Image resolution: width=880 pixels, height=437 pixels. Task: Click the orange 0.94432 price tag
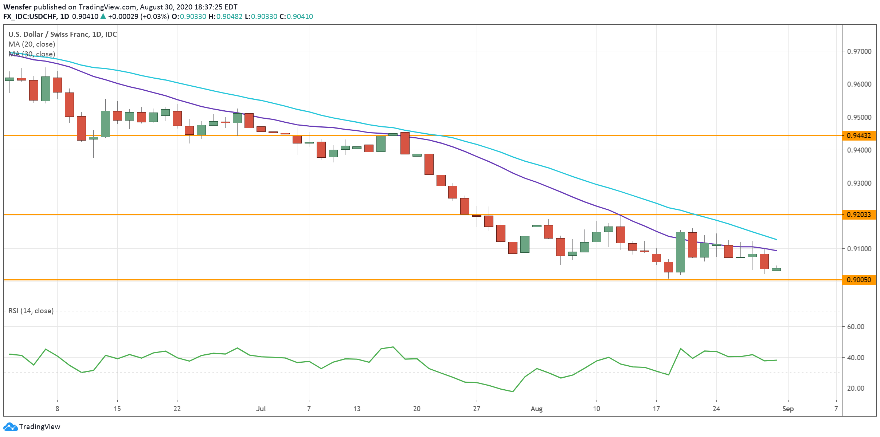pos(859,136)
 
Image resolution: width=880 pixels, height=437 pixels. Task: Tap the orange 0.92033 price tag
pos(859,214)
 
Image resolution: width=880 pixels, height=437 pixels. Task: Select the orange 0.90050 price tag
pos(859,280)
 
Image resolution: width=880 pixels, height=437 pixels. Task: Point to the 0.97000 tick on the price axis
pos(859,51)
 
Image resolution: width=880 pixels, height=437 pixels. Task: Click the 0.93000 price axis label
pos(859,183)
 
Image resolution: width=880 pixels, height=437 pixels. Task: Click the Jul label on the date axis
pos(261,409)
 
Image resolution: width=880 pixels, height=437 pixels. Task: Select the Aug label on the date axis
pos(536,409)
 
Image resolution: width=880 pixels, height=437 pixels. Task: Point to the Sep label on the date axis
pos(788,409)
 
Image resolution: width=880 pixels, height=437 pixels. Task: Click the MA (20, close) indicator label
pos(32,44)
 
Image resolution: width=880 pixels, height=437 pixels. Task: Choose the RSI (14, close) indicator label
pos(31,311)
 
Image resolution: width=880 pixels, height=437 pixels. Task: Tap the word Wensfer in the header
pos(17,7)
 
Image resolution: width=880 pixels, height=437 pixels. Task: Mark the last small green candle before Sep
pos(776,269)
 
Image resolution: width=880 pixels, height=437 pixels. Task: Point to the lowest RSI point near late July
pos(513,392)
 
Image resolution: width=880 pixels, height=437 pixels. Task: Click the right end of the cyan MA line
pos(777,239)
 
